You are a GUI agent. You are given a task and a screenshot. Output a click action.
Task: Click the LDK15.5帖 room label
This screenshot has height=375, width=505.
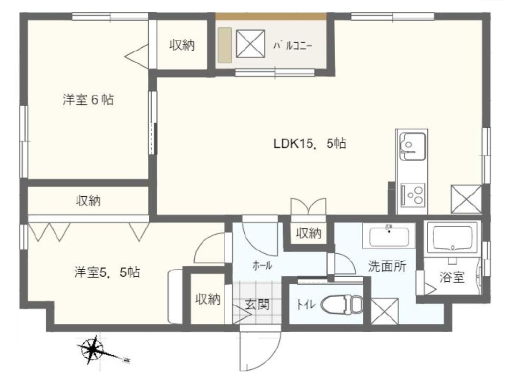click(310, 143)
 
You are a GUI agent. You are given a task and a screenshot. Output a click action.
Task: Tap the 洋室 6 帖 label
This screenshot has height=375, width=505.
click(88, 100)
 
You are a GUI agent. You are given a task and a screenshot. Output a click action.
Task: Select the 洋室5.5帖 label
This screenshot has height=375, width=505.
click(107, 272)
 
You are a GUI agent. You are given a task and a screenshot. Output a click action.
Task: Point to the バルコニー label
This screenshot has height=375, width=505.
click(293, 46)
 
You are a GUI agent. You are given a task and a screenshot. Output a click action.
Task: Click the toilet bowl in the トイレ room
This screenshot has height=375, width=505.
click(341, 304)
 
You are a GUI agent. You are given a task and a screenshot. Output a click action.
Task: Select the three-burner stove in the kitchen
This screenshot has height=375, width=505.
click(413, 194)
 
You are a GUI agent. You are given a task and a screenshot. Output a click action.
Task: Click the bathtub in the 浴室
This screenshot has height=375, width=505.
click(453, 238)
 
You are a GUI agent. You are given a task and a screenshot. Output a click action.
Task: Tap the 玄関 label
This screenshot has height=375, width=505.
click(257, 304)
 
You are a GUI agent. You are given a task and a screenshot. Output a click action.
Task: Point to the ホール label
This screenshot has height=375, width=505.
click(262, 266)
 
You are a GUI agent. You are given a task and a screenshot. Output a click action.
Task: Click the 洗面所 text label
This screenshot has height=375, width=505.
click(387, 266)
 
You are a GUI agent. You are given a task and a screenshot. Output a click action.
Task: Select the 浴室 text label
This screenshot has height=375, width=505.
click(452, 277)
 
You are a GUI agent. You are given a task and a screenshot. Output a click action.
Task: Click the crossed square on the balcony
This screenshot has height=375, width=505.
click(250, 44)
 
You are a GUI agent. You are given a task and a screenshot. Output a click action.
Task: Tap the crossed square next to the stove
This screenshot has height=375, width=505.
click(466, 199)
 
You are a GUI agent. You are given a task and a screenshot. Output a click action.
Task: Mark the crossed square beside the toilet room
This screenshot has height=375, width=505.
click(385, 311)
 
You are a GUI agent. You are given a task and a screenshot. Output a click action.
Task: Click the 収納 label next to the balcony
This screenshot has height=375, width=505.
click(182, 45)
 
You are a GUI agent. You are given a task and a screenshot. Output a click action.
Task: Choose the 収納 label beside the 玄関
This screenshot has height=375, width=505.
click(208, 300)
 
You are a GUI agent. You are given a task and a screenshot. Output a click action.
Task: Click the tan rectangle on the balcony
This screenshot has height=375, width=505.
click(225, 45)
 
